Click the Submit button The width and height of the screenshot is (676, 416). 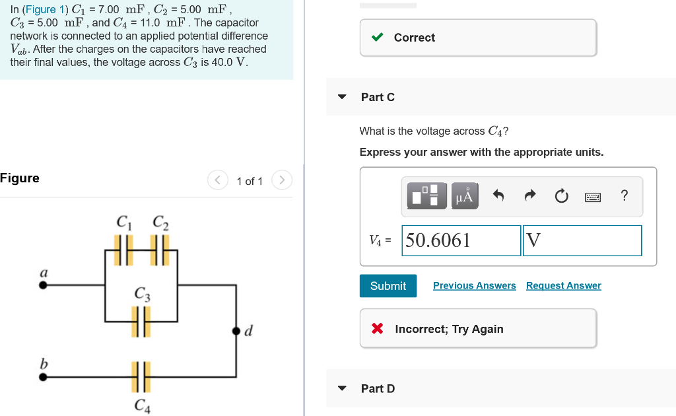click(388, 286)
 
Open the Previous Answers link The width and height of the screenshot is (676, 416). click(474, 286)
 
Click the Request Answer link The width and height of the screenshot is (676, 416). click(563, 286)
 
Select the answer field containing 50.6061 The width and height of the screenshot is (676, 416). click(461, 240)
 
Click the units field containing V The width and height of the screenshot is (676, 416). click(582, 240)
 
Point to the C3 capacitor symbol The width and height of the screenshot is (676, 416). click(141, 322)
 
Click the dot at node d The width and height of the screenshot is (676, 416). click(236, 330)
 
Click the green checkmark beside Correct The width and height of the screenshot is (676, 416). click(378, 38)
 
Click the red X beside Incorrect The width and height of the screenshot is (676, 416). click(378, 329)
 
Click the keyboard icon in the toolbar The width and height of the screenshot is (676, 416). click(592, 196)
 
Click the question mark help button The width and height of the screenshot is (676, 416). click(625, 195)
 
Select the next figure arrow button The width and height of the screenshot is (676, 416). click(282, 180)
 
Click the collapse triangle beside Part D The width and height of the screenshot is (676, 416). click(342, 388)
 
